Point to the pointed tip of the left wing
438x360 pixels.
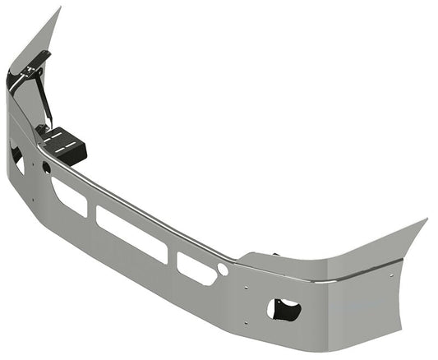point(59,9)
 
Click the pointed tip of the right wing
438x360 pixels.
point(426,219)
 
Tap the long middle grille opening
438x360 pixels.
point(131,234)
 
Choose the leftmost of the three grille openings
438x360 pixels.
point(69,196)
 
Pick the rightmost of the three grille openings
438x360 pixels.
point(196,268)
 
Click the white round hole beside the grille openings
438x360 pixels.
point(223,270)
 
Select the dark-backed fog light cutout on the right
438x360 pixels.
point(284,310)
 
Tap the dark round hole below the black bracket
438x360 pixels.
point(46,168)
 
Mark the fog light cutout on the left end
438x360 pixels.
point(16,156)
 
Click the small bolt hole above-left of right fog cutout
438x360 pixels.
point(247,287)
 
